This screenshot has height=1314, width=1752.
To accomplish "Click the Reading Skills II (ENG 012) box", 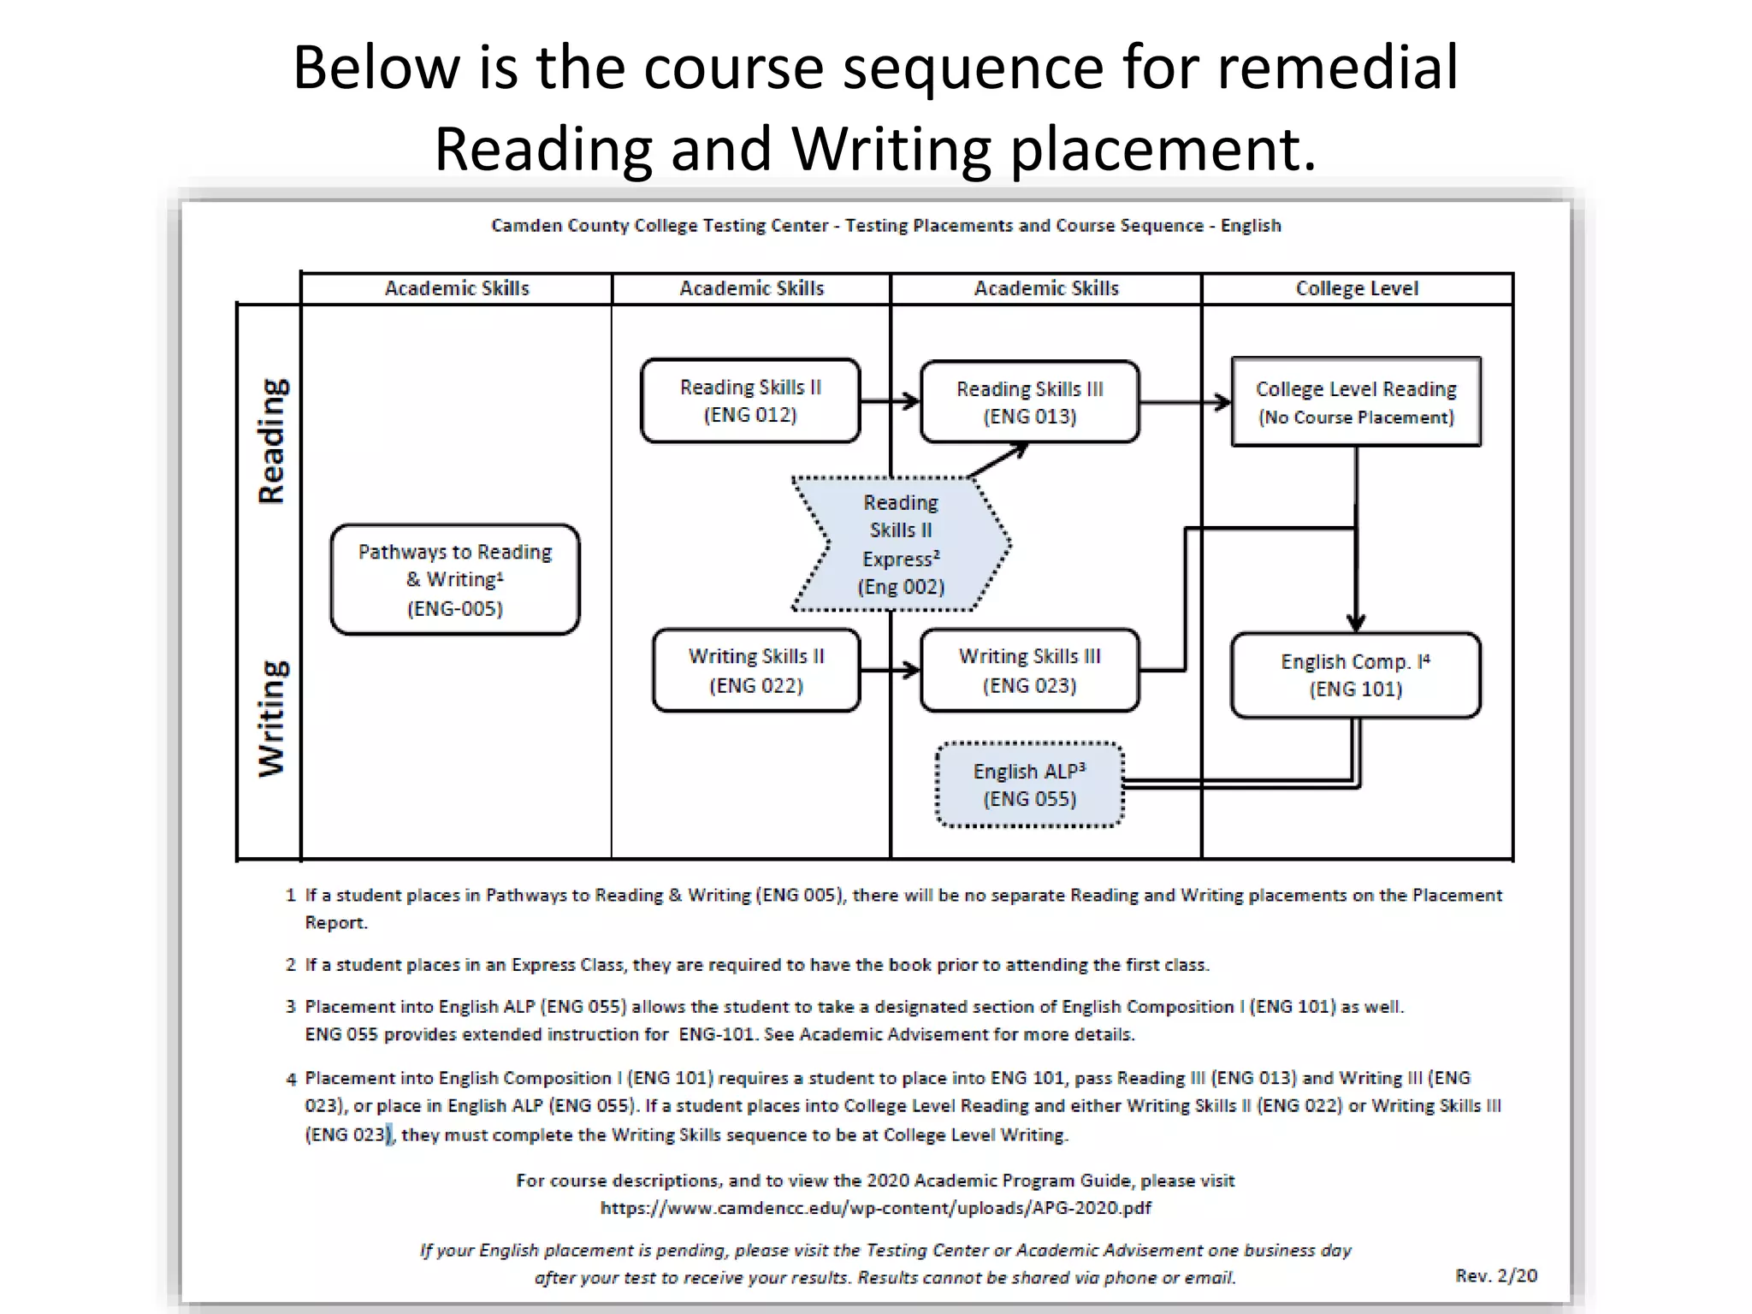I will pyautogui.click(x=750, y=400).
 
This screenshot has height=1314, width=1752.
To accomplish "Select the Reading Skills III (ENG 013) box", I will pyautogui.click(x=1029, y=402).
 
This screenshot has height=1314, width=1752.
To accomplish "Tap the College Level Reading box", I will pyautogui.click(x=1356, y=402).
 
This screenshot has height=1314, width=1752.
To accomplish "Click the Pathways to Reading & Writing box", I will pyautogui.click(x=455, y=579).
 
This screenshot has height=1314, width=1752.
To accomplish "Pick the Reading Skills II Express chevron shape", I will pyautogui.click(x=901, y=544).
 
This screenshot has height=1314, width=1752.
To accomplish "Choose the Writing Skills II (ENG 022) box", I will pyautogui.click(x=756, y=671).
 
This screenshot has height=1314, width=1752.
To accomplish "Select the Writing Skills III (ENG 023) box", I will pyautogui.click(x=1029, y=671).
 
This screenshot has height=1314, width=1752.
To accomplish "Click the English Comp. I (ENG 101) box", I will pyautogui.click(x=1356, y=675).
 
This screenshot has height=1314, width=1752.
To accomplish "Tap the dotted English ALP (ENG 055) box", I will pyautogui.click(x=1029, y=784).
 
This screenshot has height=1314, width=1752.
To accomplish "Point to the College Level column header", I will pyautogui.click(x=1357, y=288).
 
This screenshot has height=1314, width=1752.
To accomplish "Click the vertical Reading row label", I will pyautogui.click(x=272, y=441).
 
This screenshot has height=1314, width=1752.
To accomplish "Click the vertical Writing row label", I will pyautogui.click(x=272, y=719).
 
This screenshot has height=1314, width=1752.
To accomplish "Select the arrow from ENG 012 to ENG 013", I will pyautogui.click(x=890, y=400).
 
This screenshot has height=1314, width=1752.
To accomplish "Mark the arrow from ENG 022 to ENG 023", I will pyautogui.click(x=890, y=671).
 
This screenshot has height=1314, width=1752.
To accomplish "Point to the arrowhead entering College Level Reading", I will pyautogui.click(x=1223, y=401).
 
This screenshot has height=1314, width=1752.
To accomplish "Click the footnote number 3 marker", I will pyautogui.click(x=291, y=1007).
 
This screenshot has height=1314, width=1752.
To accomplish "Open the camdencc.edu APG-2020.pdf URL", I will pyautogui.click(x=875, y=1208).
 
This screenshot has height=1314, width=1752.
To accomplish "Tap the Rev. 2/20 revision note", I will pyautogui.click(x=1495, y=1276).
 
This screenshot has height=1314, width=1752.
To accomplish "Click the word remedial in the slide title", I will pyautogui.click(x=1337, y=68).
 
